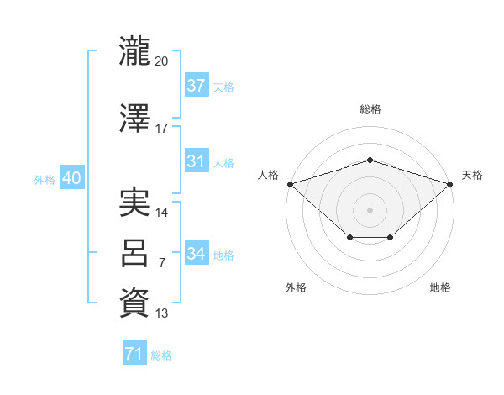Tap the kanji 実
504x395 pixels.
point(134,203)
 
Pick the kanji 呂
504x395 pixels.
point(134,253)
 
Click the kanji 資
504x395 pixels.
point(134,303)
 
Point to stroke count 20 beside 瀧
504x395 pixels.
point(162,61)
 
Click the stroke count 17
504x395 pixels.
point(162,129)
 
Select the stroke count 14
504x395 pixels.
point(162,213)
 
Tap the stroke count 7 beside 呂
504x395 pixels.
point(162,263)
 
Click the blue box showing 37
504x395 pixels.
point(196,86)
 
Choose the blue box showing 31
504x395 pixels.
point(196,161)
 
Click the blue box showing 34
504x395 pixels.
point(196,254)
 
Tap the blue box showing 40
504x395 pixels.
point(71,178)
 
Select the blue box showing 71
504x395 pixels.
point(134,355)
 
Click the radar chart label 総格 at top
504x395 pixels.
point(370,109)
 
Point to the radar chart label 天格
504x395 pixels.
point(473,175)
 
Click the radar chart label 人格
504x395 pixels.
point(268,175)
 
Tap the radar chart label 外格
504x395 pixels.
point(296,287)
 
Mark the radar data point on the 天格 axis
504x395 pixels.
point(450,183)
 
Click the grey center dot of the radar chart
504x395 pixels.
point(370,209)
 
